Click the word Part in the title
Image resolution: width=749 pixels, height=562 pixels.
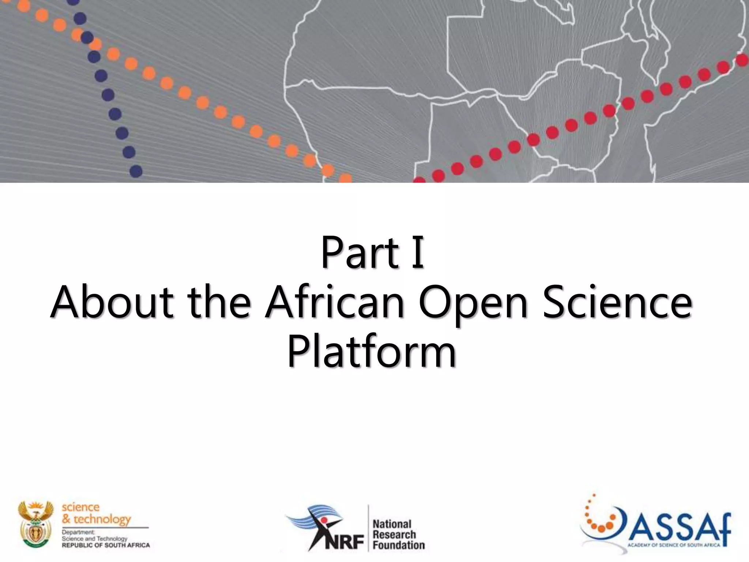[x=360, y=252]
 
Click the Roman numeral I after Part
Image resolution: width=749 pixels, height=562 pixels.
[x=417, y=252]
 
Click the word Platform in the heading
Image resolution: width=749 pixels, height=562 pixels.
[x=372, y=352]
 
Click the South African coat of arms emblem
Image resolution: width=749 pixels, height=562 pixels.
[x=36, y=524]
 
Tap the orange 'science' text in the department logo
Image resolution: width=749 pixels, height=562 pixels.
[x=80, y=507]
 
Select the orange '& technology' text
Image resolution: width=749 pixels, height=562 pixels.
[x=96, y=519]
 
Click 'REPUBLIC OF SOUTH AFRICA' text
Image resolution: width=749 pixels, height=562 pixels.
[x=106, y=545]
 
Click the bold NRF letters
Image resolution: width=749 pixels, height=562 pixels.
[x=344, y=542]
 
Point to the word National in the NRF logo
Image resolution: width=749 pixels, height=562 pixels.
[x=392, y=524]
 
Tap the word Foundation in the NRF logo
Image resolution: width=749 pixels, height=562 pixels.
[x=399, y=545]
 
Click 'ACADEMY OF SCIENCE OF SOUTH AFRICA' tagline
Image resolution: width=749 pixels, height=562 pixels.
[x=674, y=545]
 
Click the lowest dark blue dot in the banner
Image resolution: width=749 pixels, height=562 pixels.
[x=136, y=171]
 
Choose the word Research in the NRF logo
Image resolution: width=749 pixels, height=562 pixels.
[x=394, y=535]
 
